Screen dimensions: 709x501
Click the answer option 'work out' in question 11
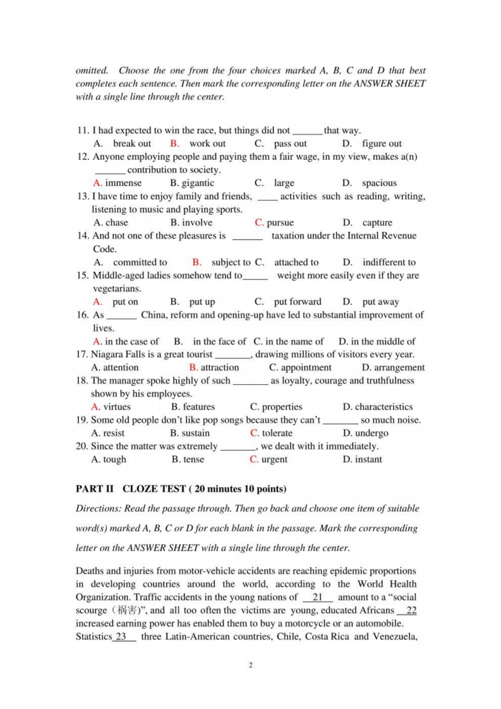click(x=207, y=143)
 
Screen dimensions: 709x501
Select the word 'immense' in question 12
click(x=123, y=183)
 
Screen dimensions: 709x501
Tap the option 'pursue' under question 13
click(x=280, y=222)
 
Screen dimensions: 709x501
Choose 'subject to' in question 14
click(x=231, y=262)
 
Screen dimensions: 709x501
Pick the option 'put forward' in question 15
click(x=297, y=302)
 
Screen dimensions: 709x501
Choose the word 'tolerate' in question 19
click(x=277, y=433)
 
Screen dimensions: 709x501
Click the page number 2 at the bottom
click(x=250, y=665)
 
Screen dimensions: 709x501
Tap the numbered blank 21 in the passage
click(x=318, y=597)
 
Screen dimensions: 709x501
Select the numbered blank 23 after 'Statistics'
click(x=124, y=636)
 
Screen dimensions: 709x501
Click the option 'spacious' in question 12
click(x=379, y=183)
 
